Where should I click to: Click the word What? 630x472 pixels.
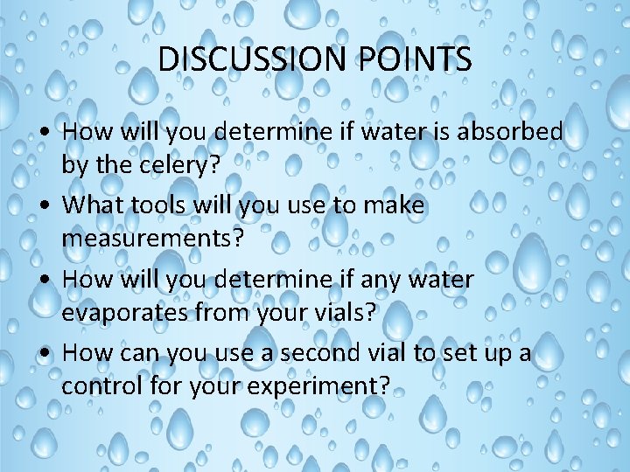pos(95,205)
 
